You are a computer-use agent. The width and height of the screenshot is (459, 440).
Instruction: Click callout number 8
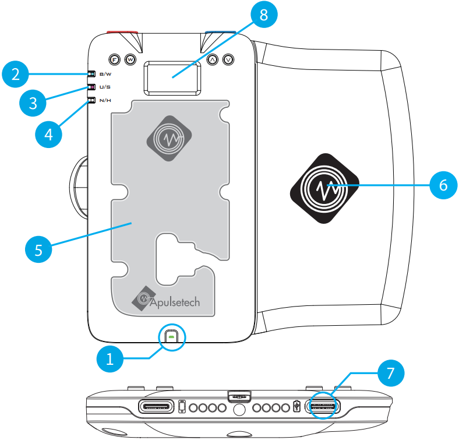click(264, 15)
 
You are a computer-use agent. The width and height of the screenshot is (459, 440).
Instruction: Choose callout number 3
click(33, 103)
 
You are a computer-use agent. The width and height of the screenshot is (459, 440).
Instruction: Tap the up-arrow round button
click(213, 59)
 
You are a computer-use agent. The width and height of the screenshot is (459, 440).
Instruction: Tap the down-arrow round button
click(228, 59)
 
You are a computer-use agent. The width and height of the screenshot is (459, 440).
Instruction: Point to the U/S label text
click(105, 87)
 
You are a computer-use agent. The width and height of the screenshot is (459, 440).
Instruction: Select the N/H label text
click(105, 100)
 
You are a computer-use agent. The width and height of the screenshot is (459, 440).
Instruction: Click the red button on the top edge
click(122, 33)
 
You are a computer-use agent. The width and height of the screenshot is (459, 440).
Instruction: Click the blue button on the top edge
click(220, 33)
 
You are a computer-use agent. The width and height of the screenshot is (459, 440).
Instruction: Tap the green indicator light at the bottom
click(171, 337)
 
